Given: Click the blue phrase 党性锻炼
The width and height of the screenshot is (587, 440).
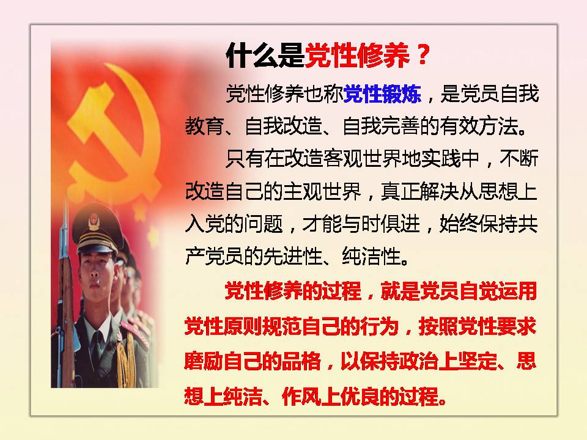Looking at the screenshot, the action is [382, 94].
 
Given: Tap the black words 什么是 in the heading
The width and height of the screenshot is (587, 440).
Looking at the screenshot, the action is [265, 56].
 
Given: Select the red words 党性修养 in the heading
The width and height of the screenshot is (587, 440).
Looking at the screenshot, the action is [356, 56].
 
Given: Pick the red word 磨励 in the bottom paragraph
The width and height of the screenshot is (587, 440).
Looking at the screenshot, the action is [204, 361].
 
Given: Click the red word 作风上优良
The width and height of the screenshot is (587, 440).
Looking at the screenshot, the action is [331, 396].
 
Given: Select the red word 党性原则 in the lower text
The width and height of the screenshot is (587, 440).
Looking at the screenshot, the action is [224, 326].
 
